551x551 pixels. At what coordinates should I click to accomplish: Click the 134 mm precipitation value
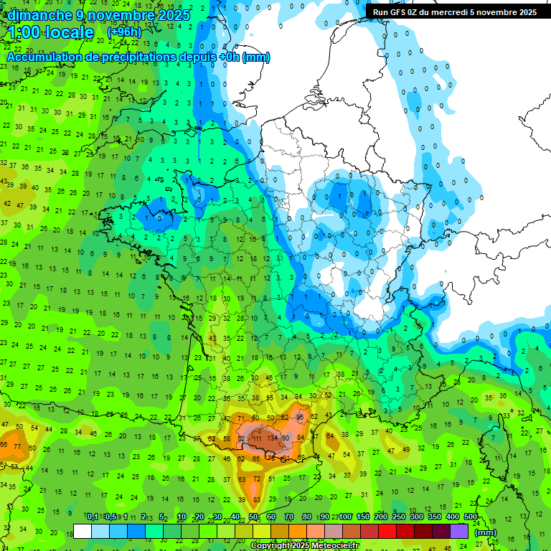tap(272, 438)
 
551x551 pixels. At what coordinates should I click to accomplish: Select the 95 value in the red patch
tap(299, 417)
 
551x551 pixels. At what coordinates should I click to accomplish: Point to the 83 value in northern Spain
tap(256, 499)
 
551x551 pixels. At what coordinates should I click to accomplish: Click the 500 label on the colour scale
tap(471, 517)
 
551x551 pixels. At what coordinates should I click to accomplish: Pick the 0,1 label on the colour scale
tap(93, 517)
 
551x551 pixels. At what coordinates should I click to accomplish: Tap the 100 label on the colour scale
tap(345, 517)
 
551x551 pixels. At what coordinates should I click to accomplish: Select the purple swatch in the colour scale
tap(459, 531)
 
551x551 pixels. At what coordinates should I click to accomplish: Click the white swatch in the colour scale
tap(83, 531)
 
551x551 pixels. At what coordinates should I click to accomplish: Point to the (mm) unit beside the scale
tap(486, 532)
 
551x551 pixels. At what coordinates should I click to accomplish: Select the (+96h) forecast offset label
tap(124, 32)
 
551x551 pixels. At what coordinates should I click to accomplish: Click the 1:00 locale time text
tap(50, 33)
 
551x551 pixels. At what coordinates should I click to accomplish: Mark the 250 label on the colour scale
tap(399, 517)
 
